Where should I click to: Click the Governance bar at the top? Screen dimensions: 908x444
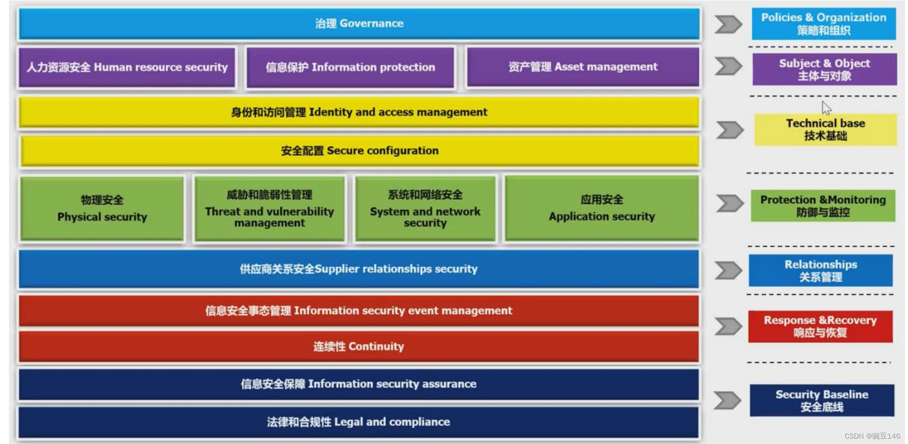coord(358,23)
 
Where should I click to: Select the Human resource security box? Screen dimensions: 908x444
coord(127,67)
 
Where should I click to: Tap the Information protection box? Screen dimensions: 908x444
coord(350,67)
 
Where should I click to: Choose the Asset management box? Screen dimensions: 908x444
coord(582,67)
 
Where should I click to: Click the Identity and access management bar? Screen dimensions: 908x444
coord(358,112)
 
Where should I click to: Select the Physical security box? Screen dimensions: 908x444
coord(102,208)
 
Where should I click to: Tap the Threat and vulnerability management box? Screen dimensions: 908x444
coord(269,209)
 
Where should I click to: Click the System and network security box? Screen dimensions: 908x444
coord(425,209)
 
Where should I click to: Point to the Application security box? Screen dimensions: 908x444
coord(601,208)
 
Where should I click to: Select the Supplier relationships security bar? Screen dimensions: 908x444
coord(358,269)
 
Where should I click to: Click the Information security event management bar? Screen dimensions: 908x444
coord(358,311)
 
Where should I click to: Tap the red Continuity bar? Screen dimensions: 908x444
coord(358,346)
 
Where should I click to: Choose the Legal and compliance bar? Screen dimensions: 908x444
coord(358,422)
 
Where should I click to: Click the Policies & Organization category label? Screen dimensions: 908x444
coord(823,23)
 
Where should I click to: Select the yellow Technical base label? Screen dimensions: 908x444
coord(825,129)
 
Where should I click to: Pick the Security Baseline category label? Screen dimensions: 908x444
coord(821,400)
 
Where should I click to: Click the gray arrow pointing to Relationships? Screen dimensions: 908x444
coord(728,270)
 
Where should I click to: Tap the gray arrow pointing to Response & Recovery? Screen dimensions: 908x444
coord(728,326)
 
